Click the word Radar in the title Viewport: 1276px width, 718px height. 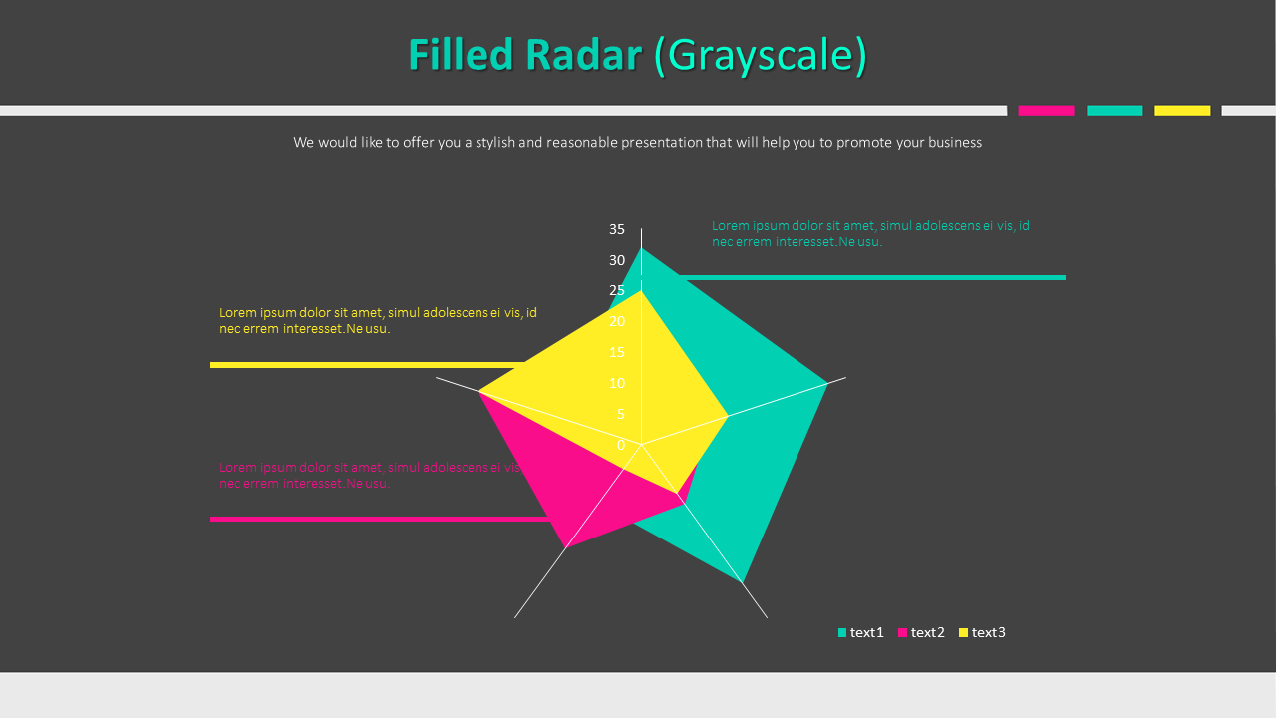coord(583,55)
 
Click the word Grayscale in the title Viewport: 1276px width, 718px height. coord(761,55)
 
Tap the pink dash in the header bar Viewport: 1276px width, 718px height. coord(1046,111)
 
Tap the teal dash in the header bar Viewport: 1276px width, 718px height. coord(1115,111)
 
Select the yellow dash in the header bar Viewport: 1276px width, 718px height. coord(1182,111)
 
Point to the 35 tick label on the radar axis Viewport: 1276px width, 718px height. coord(617,229)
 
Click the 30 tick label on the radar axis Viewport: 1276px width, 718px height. coord(617,260)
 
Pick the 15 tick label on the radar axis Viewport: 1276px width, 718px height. coord(617,352)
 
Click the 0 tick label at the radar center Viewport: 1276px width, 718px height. coord(621,445)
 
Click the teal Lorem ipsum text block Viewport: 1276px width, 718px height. coord(869,233)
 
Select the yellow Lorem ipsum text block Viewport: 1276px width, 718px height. coord(378,320)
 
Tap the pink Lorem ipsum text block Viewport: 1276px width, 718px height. coord(369,475)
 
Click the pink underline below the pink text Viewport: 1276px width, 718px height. coord(379,519)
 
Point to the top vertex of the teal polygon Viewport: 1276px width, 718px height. coord(641,248)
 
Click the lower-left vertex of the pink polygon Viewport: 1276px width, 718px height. coord(566,547)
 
